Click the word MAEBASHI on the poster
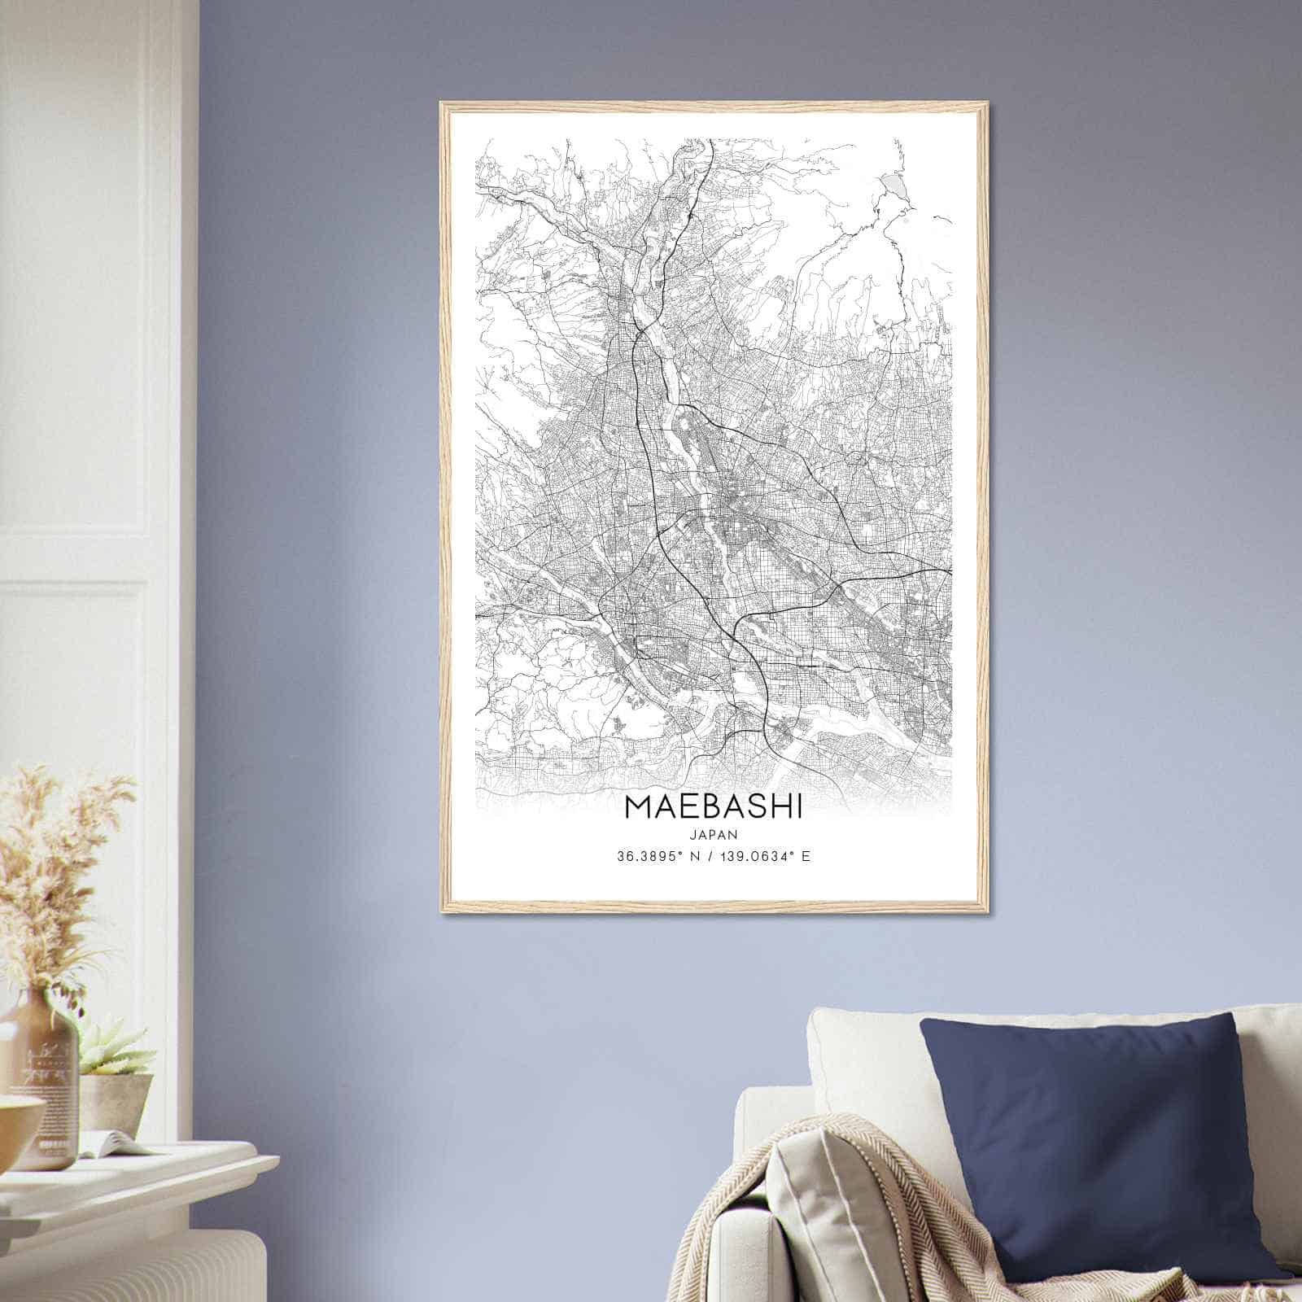713,807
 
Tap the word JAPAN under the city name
713,834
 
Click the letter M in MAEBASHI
639,807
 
